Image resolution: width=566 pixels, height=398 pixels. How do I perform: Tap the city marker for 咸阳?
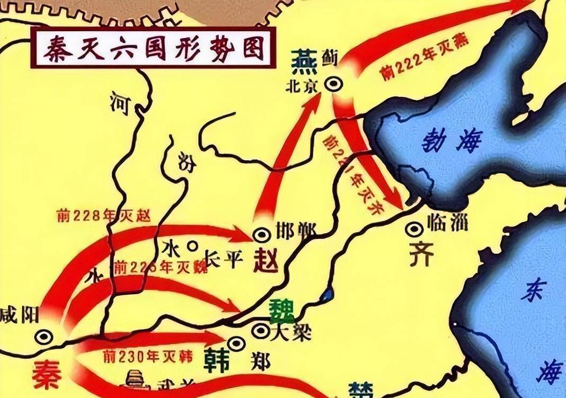[x=43, y=336]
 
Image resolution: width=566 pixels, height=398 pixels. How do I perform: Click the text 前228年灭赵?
[x=104, y=215]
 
